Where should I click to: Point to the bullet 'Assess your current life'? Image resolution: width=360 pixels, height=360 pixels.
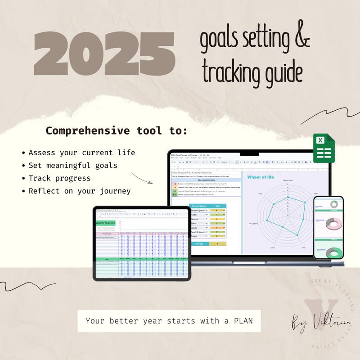pos(81,152)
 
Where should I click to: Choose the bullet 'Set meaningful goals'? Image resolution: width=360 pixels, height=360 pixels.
pos(72,165)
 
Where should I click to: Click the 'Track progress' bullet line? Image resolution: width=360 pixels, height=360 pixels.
pos(59,178)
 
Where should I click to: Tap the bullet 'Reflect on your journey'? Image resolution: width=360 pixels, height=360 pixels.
pos(79,191)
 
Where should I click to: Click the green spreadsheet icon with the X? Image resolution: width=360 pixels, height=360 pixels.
pos(324,148)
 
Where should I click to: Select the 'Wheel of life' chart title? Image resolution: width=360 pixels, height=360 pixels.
pos(260,177)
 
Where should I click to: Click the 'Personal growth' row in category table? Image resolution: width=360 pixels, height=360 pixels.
pos(200,210)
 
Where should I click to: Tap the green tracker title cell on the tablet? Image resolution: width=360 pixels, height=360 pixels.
pos(105,223)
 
